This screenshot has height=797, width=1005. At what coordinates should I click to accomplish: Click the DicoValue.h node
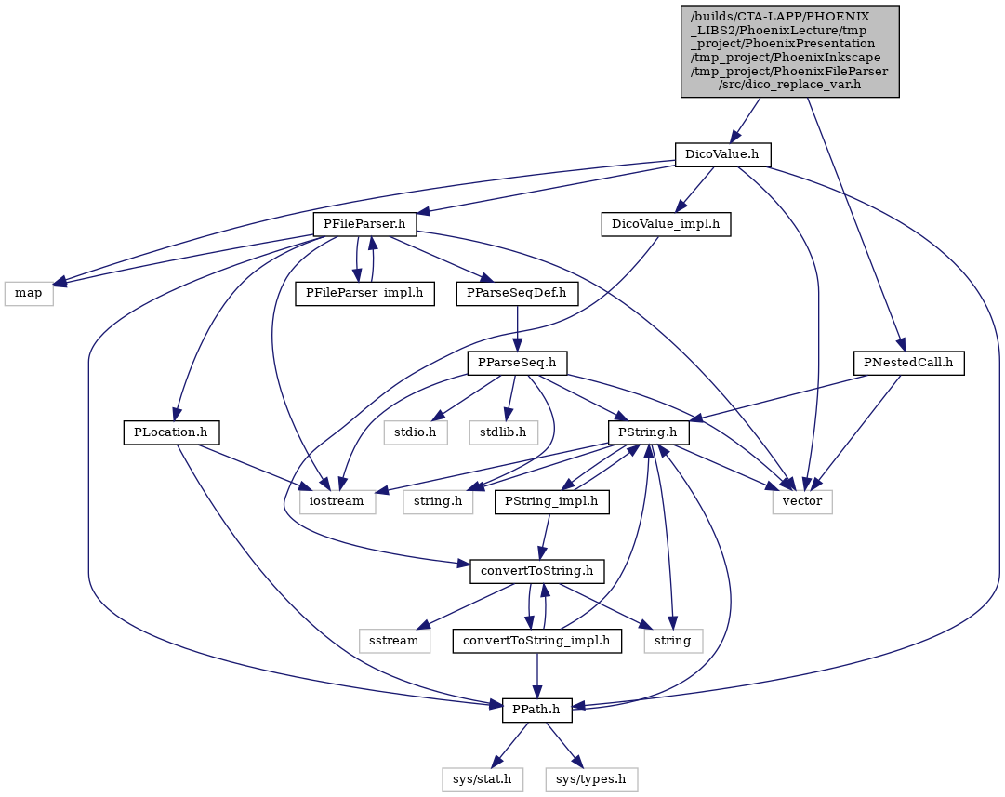tap(722, 154)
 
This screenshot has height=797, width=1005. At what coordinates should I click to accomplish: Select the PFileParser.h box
tap(365, 224)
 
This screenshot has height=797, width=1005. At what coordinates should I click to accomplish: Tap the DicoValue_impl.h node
tap(666, 224)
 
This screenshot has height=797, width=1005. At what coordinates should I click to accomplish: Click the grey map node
tap(29, 294)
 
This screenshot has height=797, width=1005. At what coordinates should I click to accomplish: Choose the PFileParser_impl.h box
tap(364, 294)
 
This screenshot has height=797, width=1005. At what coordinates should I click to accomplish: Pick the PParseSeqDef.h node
tap(517, 294)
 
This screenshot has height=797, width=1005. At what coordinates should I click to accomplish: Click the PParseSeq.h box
tap(517, 363)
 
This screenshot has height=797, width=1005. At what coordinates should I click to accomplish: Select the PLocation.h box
tap(171, 432)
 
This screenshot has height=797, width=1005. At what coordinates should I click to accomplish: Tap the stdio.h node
tap(416, 432)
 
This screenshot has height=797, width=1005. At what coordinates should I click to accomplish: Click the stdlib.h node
tap(504, 432)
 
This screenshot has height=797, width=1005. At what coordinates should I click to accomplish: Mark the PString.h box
tap(649, 432)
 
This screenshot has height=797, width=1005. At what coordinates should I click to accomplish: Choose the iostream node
tap(337, 501)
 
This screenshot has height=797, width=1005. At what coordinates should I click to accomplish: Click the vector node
tap(802, 501)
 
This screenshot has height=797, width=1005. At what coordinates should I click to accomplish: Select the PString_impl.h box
tap(552, 501)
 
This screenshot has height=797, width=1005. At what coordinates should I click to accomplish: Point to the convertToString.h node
tap(537, 571)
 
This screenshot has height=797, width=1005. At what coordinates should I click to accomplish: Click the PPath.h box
tap(537, 710)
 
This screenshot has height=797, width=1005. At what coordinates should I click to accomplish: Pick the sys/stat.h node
tap(482, 779)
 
